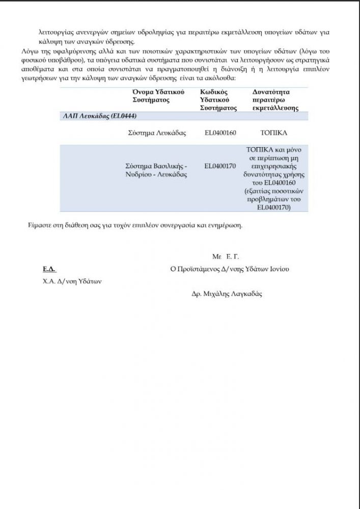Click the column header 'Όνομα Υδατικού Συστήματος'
(x=158, y=96)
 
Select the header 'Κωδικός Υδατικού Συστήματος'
(x=215, y=100)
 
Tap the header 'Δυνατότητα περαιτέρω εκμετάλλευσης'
(x=275, y=100)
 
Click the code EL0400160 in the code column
(x=220, y=133)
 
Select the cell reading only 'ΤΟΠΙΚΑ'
(x=274, y=133)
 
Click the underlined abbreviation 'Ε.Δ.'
(x=48, y=269)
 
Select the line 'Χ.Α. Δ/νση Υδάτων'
(x=72, y=282)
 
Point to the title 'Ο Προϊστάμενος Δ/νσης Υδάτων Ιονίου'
(x=231, y=269)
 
